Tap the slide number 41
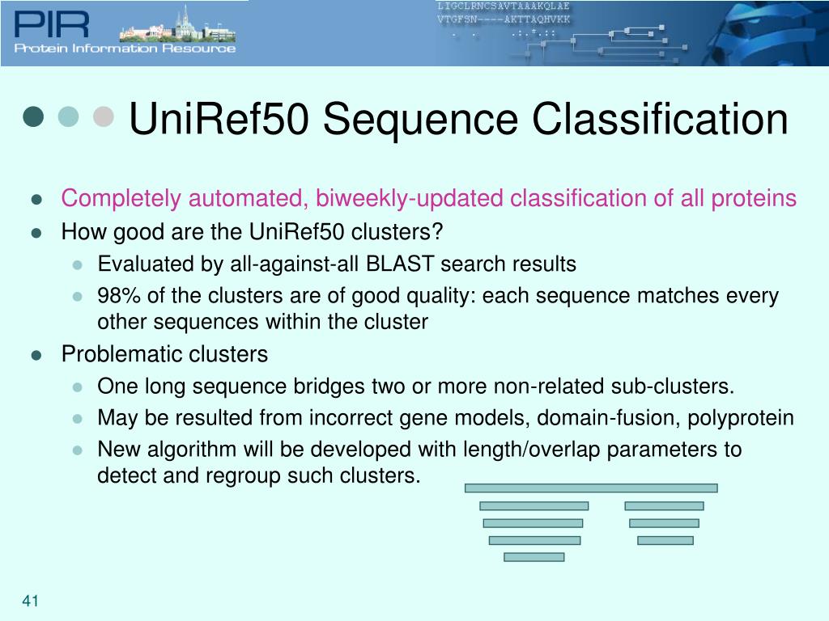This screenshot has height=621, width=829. point(32,601)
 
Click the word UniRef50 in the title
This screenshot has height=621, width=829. point(218,119)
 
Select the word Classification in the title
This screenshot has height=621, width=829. point(660,119)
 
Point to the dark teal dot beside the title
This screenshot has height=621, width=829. point(33,116)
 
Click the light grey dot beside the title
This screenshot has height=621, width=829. point(103,116)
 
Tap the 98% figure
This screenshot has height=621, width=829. point(117,296)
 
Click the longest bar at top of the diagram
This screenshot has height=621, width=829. point(591,488)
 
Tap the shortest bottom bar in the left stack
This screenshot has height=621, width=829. point(534,556)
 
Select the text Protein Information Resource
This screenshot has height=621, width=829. point(125,49)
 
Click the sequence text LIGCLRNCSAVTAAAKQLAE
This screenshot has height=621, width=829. point(503,6)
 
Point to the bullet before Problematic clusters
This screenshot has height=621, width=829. point(36,355)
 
